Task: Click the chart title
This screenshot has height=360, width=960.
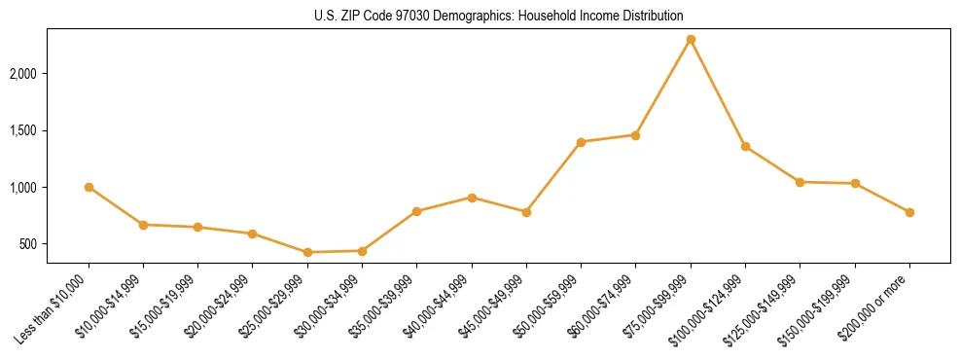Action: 499,16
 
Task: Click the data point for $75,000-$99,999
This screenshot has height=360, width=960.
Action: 691,40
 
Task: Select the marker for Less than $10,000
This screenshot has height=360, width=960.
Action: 89,187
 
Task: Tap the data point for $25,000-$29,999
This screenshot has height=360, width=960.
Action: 307,252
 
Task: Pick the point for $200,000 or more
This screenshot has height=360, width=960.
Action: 909,212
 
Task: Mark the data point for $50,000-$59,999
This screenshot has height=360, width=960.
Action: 581,142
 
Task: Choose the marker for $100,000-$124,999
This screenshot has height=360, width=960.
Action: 745,146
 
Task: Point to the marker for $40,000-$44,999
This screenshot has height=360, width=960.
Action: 472,198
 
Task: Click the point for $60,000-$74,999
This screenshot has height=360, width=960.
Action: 635,135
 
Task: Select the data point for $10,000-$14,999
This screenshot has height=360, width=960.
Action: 143,225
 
